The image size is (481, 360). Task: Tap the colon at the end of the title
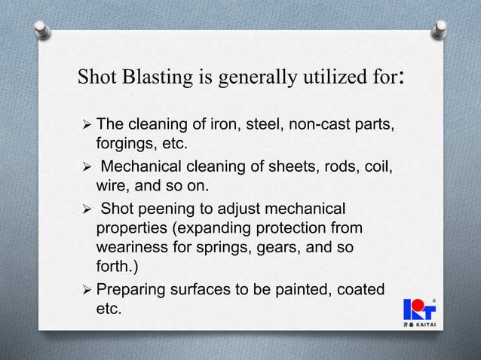[x=406, y=78]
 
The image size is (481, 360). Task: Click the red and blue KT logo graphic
[x=424, y=309]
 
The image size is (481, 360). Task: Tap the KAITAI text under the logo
[x=431, y=325]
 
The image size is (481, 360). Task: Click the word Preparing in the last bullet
[x=133, y=289]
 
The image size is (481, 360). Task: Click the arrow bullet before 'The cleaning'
[x=85, y=124]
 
